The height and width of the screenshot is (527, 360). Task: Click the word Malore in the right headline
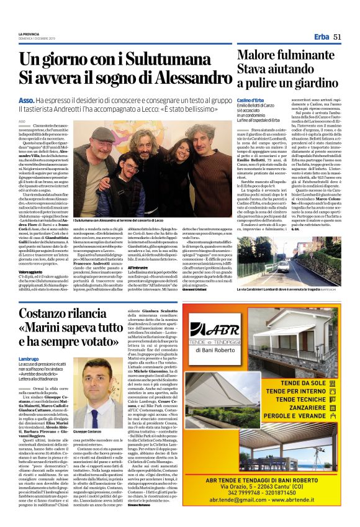click(x=260, y=53)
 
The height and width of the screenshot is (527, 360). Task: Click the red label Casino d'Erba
click(x=251, y=101)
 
